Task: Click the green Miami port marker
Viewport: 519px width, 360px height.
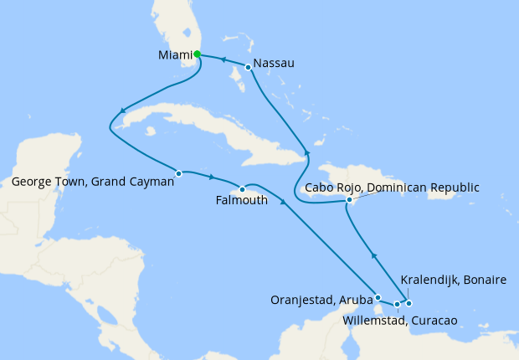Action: pyautogui.click(x=198, y=54)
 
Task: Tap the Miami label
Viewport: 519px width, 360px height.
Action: pyautogui.click(x=175, y=55)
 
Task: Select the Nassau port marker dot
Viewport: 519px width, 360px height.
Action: pyautogui.click(x=248, y=66)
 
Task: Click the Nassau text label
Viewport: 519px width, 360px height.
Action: pyautogui.click(x=274, y=63)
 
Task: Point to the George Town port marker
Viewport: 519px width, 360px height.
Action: pyautogui.click(x=179, y=173)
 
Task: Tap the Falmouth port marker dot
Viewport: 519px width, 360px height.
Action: pyautogui.click(x=242, y=188)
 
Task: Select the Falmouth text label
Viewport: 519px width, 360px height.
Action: pyautogui.click(x=242, y=201)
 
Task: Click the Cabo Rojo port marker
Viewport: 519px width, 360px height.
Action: pyautogui.click(x=349, y=200)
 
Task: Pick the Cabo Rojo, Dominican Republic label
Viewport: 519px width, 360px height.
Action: pyautogui.click(x=392, y=187)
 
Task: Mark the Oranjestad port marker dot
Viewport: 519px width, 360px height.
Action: pyautogui.click(x=378, y=297)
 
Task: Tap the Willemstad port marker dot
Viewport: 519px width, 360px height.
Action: pyautogui.click(x=397, y=304)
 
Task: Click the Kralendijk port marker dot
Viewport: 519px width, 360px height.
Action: pyautogui.click(x=409, y=302)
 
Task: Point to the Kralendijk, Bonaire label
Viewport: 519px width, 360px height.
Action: pyautogui.click(x=454, y=279)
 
